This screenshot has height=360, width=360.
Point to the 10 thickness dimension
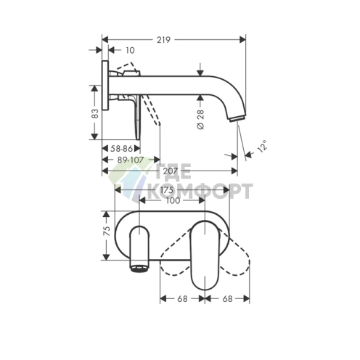(130, 51)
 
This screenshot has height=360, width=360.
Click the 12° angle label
(260, 147)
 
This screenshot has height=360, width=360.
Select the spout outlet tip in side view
(237, 118)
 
